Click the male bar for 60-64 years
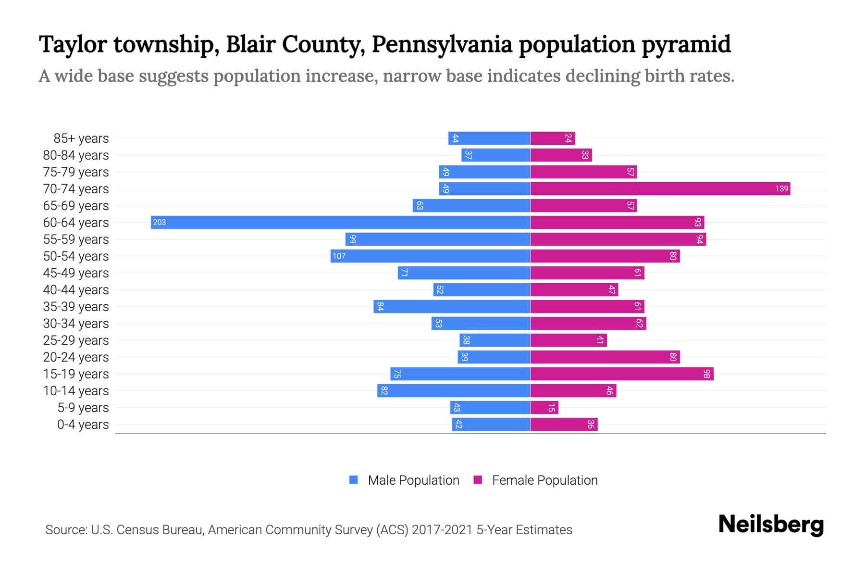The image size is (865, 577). [340, 222]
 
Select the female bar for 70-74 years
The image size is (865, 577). [660, 188]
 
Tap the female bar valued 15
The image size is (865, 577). [544, 408]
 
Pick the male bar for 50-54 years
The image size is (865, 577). [430, 256]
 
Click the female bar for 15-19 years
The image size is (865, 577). [622, 374]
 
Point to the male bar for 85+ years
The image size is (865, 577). [489, 138]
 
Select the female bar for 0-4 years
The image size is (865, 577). [564, 425]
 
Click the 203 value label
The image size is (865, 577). [160, 222]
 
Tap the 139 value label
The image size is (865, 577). [781, 188]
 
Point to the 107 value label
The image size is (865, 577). [339, 256]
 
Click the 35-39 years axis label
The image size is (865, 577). [76, 307]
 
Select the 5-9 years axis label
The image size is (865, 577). [83, 408]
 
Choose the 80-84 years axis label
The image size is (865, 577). [76, 155]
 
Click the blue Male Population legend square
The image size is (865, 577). [354, 480]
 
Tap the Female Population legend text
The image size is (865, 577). [544, 480]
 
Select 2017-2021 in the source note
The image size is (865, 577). [442, 530]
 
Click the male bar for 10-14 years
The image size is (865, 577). [454, 390]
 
